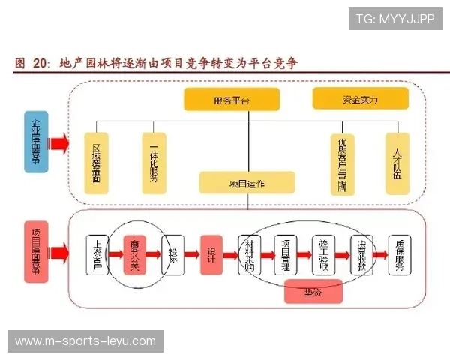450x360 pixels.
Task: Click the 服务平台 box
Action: pyautogui.click(x=231, y=99)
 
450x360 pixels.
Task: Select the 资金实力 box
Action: pyautogui.click(x=360, y=98)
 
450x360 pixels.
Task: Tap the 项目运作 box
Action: pyautogui.click(x=246, y=182)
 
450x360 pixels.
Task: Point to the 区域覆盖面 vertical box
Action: pyautogui.click(x=96, y=163)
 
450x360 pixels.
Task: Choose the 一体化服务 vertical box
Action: pyautogui.click(x=153, y=163)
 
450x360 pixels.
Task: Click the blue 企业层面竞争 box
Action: pyautogui.click(x=35, y=141)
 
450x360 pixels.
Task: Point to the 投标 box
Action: pyautogui.click(x=172, y=254)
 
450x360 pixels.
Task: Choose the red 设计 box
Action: pyautogui.click(x=211, y=254)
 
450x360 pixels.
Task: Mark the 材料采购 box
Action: pyautogui.click(x=249, y=254)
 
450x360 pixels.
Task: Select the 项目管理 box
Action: pyautogui.click(x=286, y=254)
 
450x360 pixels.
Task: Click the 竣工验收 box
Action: pyautogui.click(x=324, y=254)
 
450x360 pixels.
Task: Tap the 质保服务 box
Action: pyautogui.click(x=399, y=254)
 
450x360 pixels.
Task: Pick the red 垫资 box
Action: pyautogui.click(x=313, y=291)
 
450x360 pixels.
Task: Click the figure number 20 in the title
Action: pyautogui.click(x=41, y=64)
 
